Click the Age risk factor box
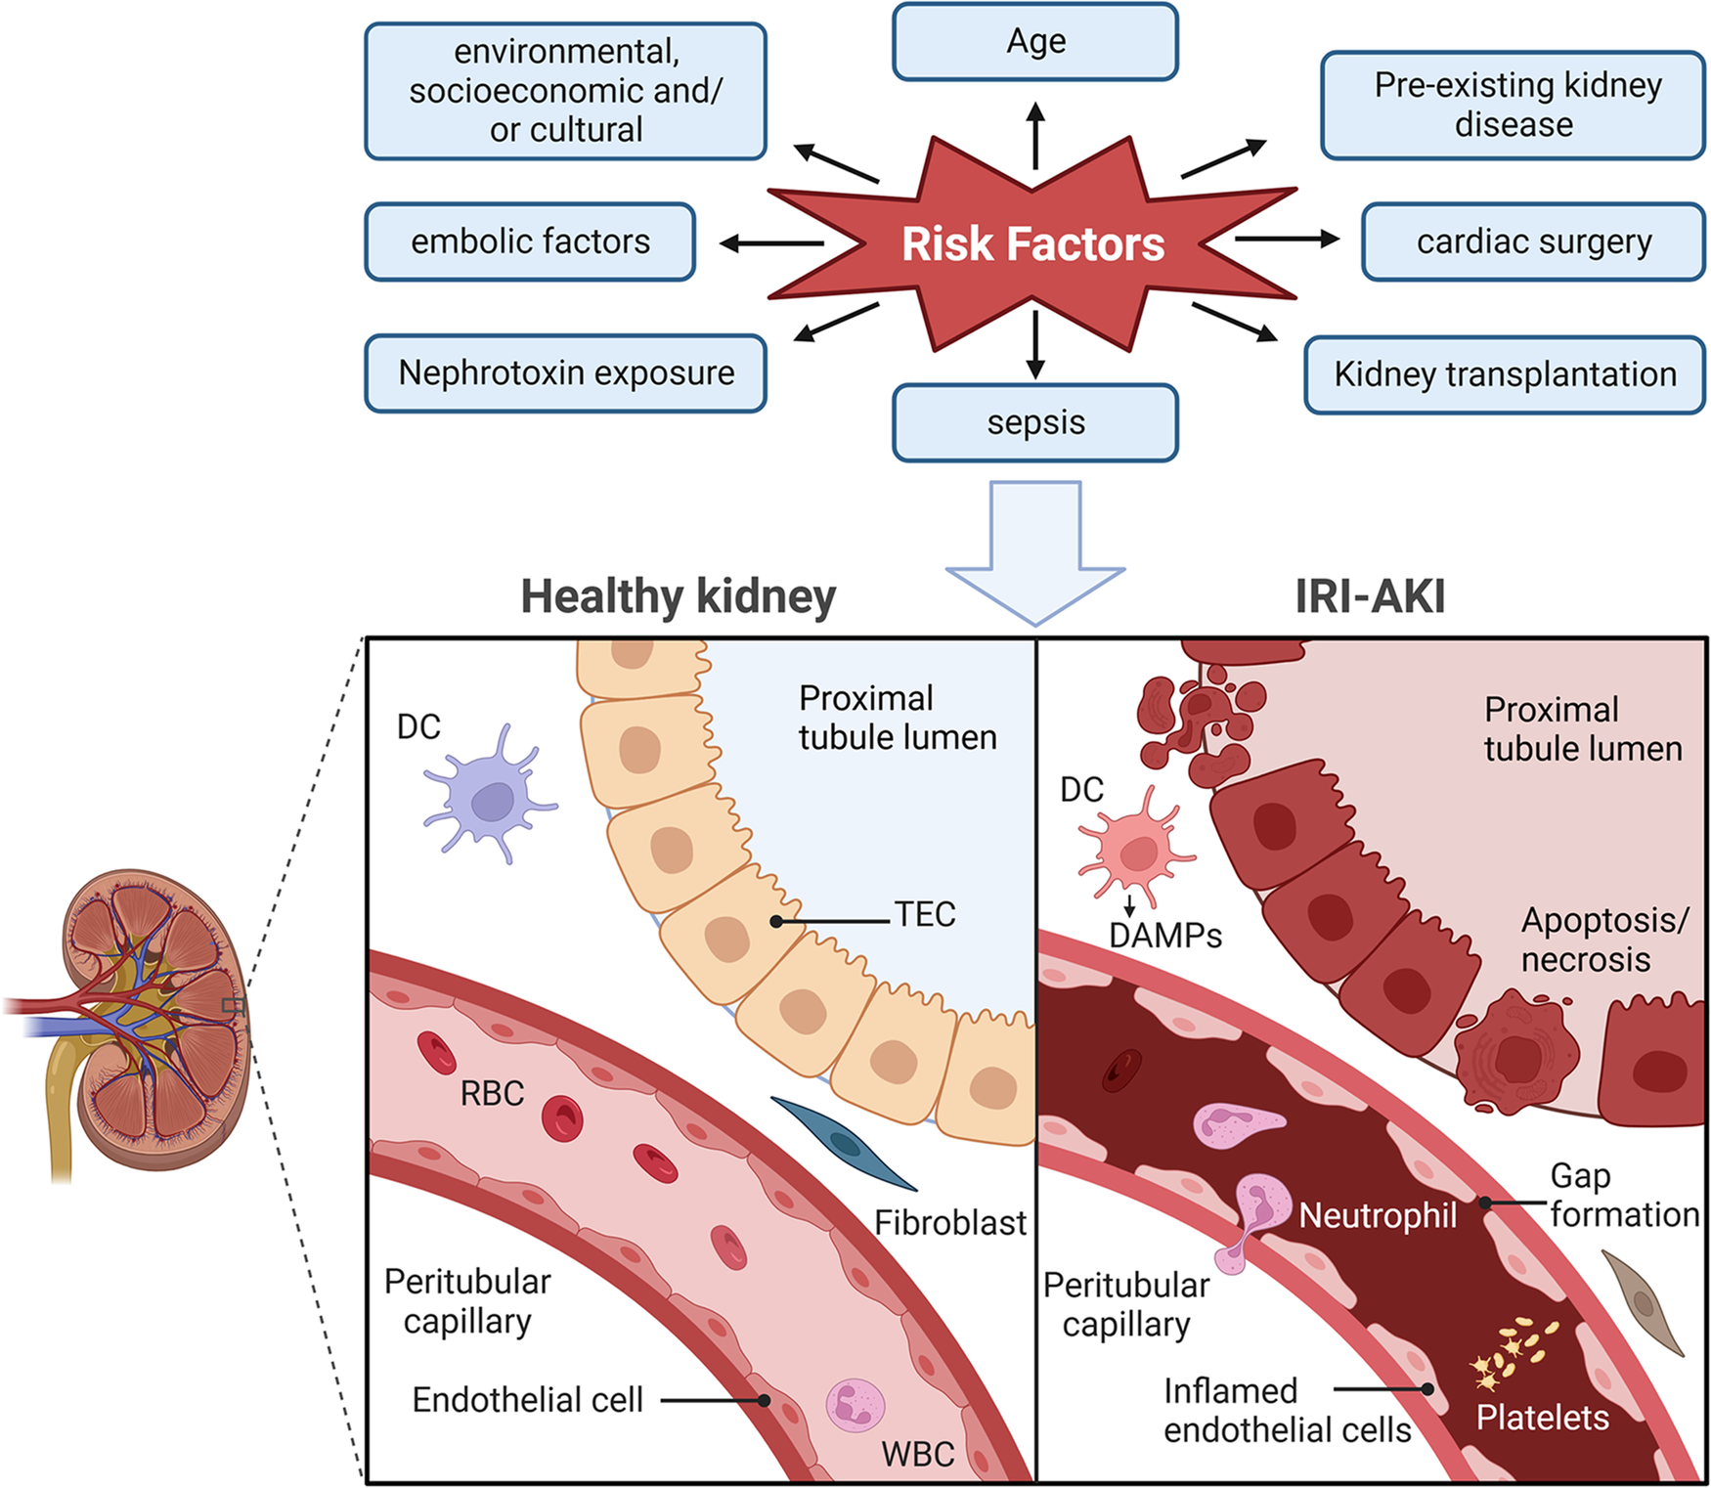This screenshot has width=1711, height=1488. (1034, 42)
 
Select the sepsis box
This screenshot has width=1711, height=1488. (1034, 422)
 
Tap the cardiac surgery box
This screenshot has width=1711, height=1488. (1532, 241)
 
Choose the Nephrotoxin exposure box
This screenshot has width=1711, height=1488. (565, 373)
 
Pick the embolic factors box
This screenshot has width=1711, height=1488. (530, 241)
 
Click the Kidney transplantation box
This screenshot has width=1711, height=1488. (1504, 374)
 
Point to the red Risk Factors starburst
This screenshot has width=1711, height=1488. (1032, 243)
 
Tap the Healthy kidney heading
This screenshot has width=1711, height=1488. (678, 595)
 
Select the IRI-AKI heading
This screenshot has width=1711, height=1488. (1369, 595)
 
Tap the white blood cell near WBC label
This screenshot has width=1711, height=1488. (855, 1406)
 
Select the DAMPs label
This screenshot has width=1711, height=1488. (1164, 936)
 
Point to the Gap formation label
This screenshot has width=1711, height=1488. (1622, 1195)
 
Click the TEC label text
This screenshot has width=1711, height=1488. (924, 915)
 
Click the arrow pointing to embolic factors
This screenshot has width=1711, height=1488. (772, 242)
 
